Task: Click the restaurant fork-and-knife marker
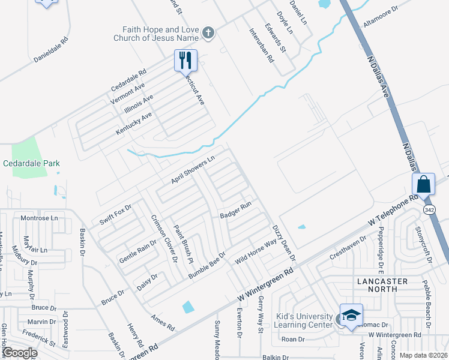coord(185,60)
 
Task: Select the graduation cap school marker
coord(351,315)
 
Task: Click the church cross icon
coord(208,32)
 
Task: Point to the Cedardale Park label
coord(31,163)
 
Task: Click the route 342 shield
coord(429,209)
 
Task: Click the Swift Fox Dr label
coord(115,214)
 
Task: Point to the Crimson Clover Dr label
coord(164,238)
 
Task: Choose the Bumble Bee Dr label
coord(206,265)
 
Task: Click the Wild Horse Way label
coord(256,251)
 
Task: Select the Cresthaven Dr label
coord(348,247)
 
